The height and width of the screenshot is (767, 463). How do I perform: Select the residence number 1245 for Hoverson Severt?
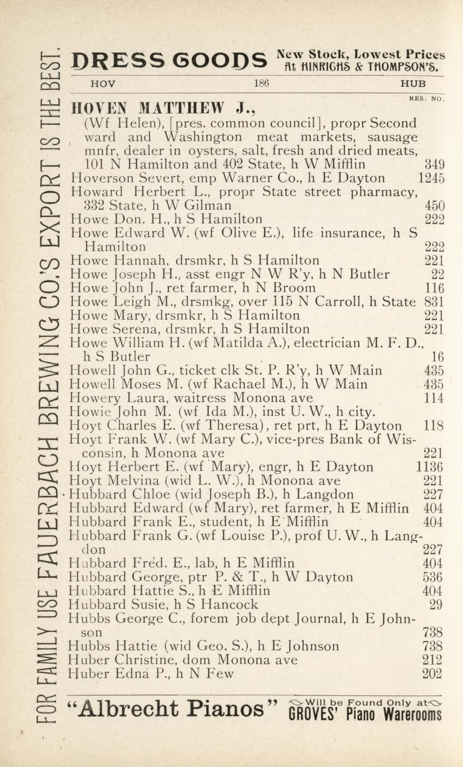pyautogui.click(x=431, y=178)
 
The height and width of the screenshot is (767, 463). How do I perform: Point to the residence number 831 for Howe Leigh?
pyautogui.click(x=432, y=302)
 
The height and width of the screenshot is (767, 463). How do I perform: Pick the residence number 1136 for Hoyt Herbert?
pyautogui.click(x=429, y=467)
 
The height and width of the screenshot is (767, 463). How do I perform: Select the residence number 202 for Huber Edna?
pyautogui.click(x=432, y=674)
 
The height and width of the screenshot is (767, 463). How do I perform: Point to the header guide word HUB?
pyautogui.click(x=414, y=84)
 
